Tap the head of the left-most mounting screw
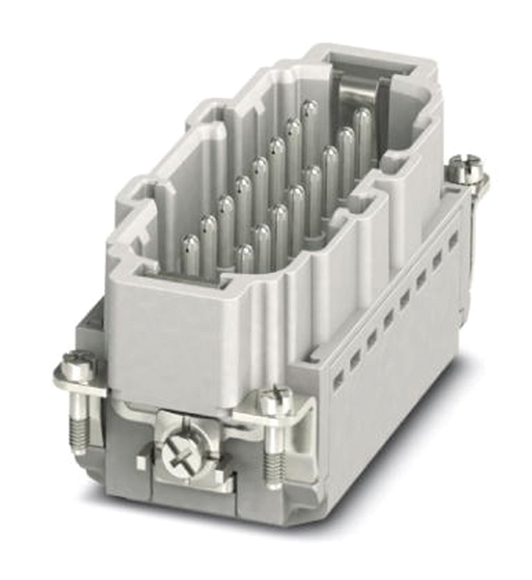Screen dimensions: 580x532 (x=77, y=364)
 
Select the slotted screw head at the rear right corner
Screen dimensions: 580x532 (x=465, y=166)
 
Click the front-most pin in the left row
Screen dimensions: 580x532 (x=190, y=253)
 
